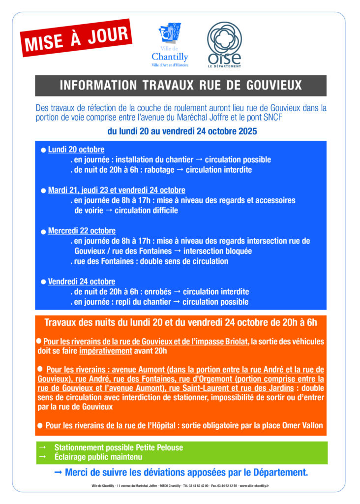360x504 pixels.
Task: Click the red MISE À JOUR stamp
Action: coord(76,38)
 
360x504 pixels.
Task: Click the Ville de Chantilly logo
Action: coord(170,45)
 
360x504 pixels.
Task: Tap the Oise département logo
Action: coord(224,44)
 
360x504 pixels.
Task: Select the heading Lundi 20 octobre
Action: coord(76,150)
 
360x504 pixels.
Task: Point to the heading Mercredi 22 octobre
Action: coord(82,231)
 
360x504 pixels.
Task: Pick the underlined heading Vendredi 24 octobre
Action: coord(82,282)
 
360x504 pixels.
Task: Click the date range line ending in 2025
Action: coord(182,131)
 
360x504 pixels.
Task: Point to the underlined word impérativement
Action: coord(106,351)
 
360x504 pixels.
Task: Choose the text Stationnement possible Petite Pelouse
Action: coord(119,447)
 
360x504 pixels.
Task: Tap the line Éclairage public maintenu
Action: coord(98,457)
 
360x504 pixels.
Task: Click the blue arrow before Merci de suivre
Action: coord(58,472)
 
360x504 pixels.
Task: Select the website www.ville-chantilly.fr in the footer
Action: coord(257,486)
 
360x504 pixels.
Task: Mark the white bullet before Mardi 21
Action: coord(44,190)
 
